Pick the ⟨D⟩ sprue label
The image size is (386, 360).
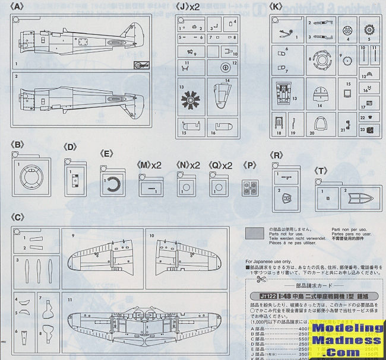click(70, 146)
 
